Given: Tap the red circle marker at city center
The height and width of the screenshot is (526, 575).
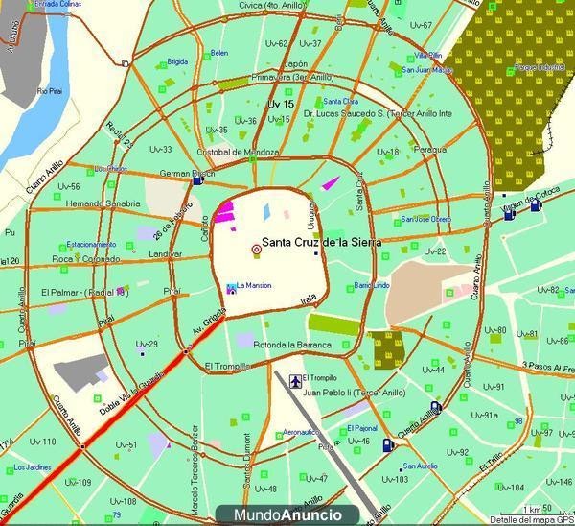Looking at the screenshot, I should [255, 250].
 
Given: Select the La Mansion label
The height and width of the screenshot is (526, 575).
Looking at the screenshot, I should [254, 285].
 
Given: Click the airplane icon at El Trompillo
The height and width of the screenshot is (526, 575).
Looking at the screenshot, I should [294, 377].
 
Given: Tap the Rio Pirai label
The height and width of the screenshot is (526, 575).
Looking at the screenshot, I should [51, 91].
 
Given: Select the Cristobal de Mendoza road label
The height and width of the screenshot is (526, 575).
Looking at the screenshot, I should [238, 153].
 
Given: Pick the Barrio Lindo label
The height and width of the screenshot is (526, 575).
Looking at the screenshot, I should [372, 286].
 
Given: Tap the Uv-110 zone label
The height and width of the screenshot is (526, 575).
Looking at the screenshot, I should [43, 442].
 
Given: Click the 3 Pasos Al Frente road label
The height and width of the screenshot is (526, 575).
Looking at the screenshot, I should [545, 366].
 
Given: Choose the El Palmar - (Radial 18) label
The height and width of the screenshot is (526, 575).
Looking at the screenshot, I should [84, 292].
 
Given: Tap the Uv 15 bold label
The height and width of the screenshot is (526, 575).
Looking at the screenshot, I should [280, 103].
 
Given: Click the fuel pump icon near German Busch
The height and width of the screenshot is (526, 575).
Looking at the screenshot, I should [197, 179].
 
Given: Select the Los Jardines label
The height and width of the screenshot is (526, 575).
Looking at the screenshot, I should [34, 467].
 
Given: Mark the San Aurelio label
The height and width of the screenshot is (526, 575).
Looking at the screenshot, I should [420, 467].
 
